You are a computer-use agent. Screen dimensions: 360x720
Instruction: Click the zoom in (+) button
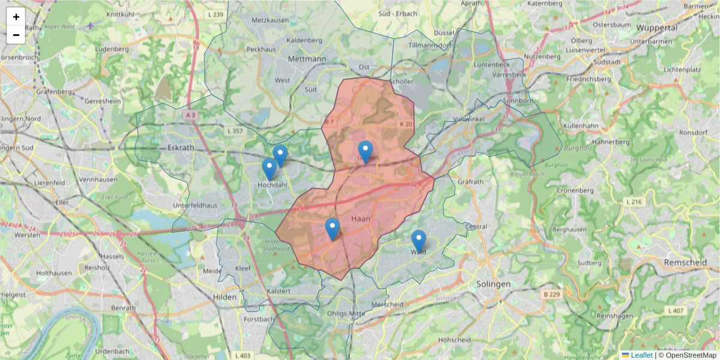(16, 17)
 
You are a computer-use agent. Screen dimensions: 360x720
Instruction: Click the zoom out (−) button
(16, 35)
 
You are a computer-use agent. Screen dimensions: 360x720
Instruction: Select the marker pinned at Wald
(418, 241)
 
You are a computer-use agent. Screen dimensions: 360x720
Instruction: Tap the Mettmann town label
(307, 59)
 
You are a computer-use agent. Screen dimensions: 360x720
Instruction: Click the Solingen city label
(493, 283)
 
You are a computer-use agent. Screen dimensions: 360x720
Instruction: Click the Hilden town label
(224, 296)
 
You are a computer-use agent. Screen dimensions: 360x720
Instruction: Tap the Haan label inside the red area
(361, 218)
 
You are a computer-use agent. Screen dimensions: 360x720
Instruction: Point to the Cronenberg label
(575, 190)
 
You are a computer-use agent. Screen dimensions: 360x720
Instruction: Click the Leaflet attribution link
(641, 355)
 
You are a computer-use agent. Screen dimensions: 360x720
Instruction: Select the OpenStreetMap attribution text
(687, 355)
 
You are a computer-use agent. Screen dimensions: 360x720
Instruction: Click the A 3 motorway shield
(191, 115)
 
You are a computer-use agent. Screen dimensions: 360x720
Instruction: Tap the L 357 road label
(235, 130)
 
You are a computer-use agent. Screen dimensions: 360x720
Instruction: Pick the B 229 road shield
(551, 294)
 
